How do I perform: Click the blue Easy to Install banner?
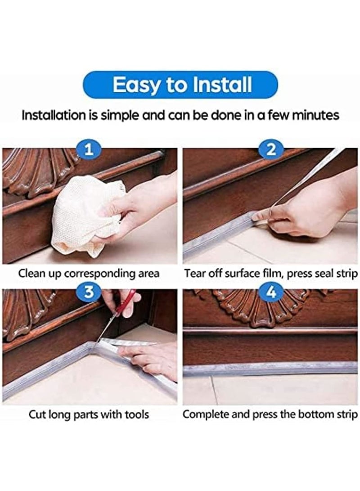[180, 85]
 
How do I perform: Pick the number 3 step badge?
[90, 292]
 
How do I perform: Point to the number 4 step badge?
[270, 292]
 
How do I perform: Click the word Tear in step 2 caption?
[194, 273]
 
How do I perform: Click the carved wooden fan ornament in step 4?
[261, 308]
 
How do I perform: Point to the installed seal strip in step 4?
[270, 368]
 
